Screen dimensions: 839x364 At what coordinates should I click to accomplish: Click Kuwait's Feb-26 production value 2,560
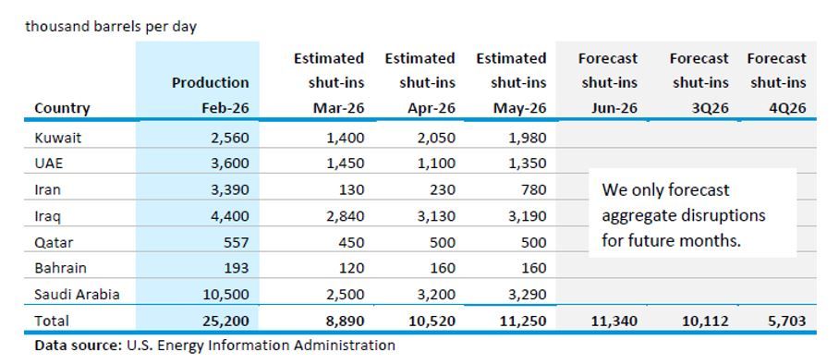click(229, 138)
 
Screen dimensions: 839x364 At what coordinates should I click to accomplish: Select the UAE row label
click(49, 163)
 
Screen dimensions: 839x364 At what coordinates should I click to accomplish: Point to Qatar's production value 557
click(236, 242)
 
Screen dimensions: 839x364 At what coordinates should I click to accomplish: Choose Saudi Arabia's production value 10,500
click(225, 294)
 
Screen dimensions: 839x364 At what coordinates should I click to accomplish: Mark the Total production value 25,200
click(225, 321)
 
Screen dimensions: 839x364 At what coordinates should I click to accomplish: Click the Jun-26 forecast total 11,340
click(614, 321)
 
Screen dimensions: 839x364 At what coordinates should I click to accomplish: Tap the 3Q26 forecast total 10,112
click(706, 321)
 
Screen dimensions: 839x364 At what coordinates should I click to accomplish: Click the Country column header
click(62, 108)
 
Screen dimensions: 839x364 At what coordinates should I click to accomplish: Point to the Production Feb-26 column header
click(211, 95)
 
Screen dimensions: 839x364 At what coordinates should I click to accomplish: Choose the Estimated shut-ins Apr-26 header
click(420, 83)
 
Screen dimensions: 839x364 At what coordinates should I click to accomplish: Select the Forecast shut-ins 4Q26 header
click(776, 83)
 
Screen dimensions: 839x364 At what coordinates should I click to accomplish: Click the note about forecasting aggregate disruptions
click(684, 214)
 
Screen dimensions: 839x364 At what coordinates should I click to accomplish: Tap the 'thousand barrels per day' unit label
click(111, 27)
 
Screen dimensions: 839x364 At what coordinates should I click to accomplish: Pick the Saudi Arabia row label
click(77, 294)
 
